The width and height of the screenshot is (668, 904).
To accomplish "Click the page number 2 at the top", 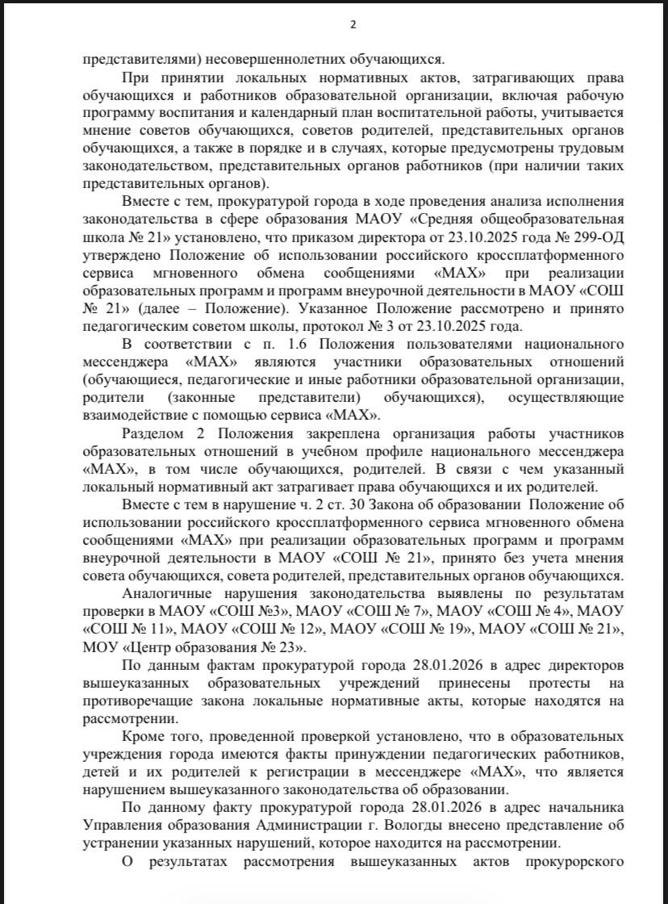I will (352, 24).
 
